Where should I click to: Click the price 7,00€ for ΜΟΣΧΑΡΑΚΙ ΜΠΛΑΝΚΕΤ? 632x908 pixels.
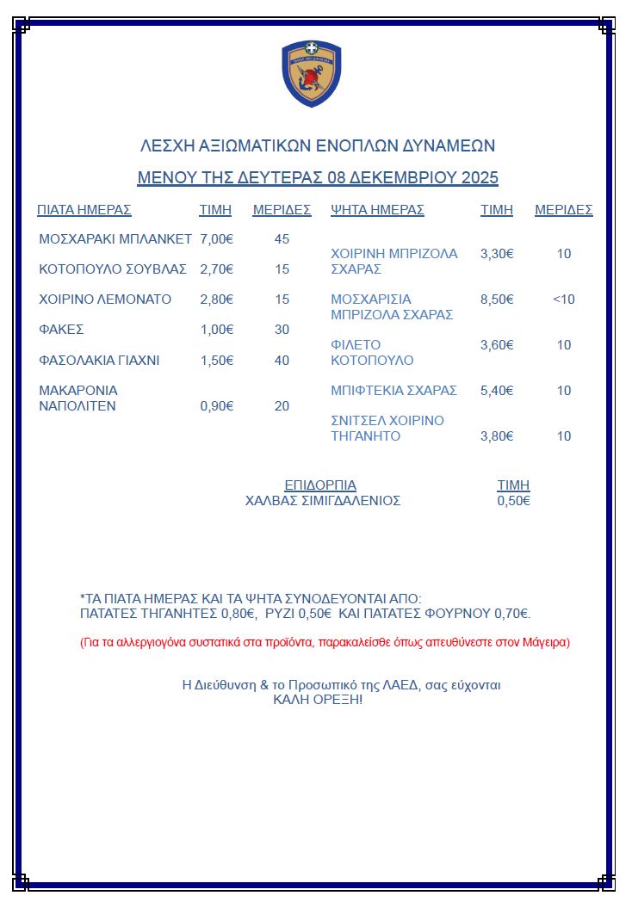217,238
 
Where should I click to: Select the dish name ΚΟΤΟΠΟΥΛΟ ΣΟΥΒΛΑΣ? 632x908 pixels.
113,269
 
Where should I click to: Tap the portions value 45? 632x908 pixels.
282,238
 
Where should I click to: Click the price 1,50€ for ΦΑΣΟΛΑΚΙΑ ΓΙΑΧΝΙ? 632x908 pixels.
217,360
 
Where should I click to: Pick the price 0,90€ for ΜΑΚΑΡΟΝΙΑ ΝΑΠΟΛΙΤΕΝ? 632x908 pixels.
217,406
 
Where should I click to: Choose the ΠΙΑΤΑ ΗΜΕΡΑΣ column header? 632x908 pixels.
84,210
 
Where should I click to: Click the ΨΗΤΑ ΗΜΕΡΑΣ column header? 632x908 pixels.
377,210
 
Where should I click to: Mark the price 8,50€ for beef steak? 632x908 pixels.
497,300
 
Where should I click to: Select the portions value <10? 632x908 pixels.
564,300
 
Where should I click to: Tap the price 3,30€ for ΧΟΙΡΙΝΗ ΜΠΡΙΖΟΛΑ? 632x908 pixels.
497,254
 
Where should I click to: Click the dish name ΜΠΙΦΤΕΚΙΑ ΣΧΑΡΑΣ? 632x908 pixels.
393,391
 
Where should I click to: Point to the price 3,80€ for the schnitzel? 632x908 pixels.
497,436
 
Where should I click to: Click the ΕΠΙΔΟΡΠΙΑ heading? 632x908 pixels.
320,485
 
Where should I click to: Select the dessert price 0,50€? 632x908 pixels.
513,501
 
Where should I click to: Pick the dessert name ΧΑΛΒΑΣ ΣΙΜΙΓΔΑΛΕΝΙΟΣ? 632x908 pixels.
323,501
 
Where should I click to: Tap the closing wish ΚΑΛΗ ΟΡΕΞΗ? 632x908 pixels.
318,700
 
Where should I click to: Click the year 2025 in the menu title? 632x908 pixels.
480,178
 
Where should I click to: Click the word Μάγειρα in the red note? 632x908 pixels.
545,642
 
